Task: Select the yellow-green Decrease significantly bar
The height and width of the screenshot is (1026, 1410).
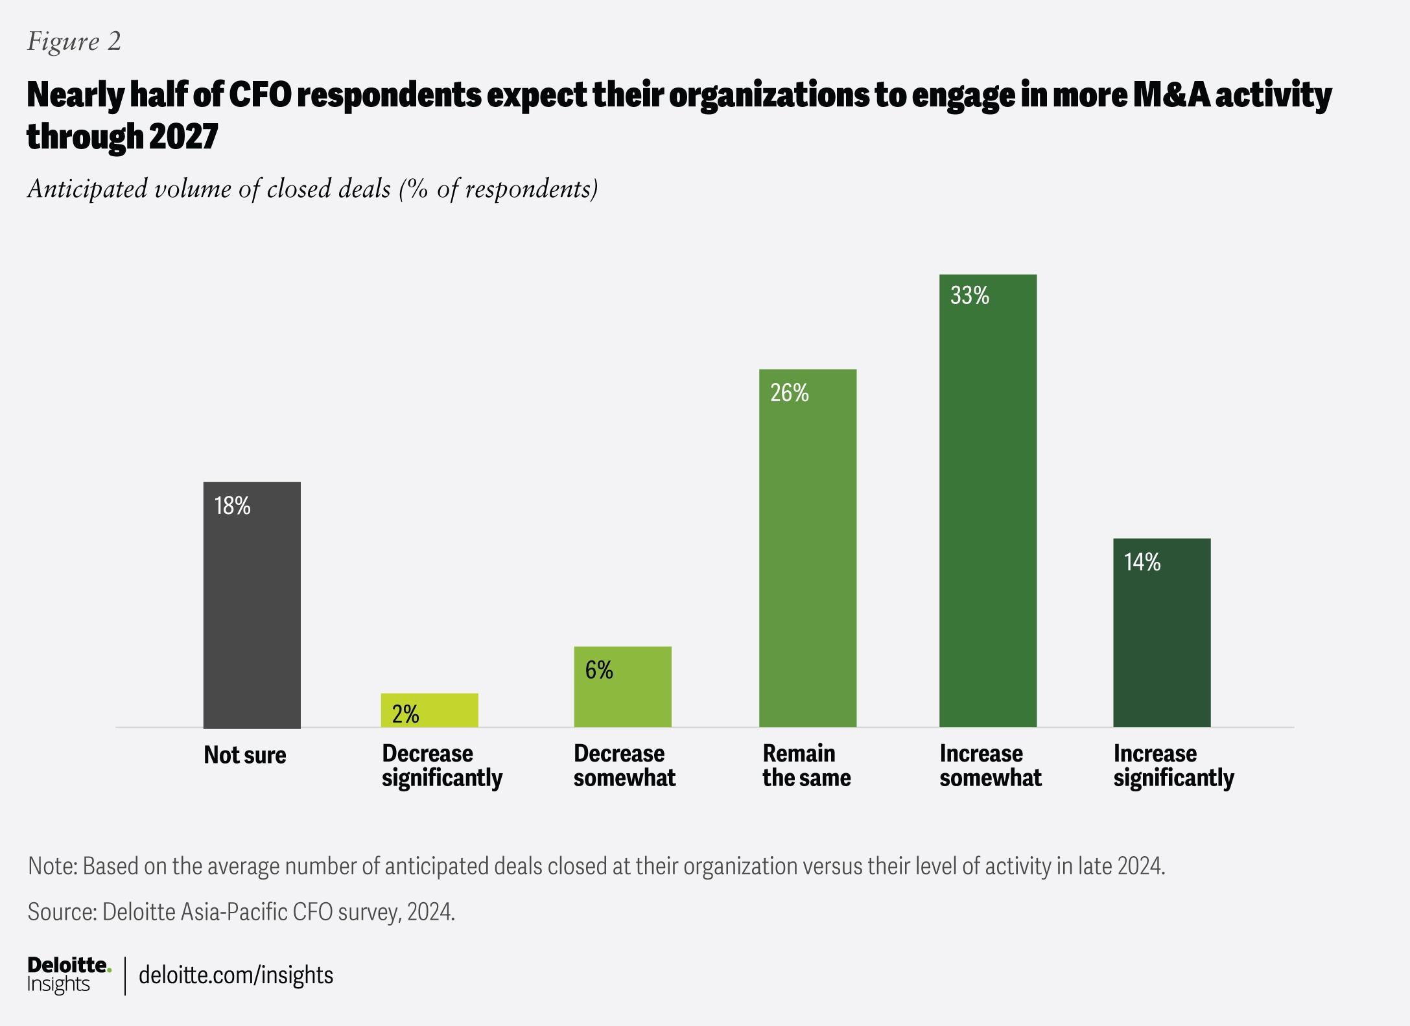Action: (x=429, y=710)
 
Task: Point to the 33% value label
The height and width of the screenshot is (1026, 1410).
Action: (x=969, y=296)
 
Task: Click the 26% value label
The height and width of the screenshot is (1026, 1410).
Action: (x=789, y=393)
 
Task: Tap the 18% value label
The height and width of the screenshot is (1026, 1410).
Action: (x=232, y=506)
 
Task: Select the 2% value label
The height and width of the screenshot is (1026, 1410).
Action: (x=405, y=714)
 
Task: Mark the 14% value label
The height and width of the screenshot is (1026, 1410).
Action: (x=1142, y=562)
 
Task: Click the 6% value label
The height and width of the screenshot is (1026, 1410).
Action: (x=598, y=670)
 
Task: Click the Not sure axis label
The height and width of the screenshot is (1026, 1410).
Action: (x=244, y=755)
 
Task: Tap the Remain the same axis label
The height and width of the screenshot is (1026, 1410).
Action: (x=806, y=765)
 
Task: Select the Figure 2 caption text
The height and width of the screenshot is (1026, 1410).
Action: (x=74, y=41)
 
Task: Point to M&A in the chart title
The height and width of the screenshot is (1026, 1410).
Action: (x=1171, y=95)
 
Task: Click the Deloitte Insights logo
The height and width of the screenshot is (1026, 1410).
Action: (x=69, y=975)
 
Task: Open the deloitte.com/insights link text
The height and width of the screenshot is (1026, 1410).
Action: (x=236, y=975)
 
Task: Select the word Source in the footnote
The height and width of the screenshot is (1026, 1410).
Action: (x=62, y=913)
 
